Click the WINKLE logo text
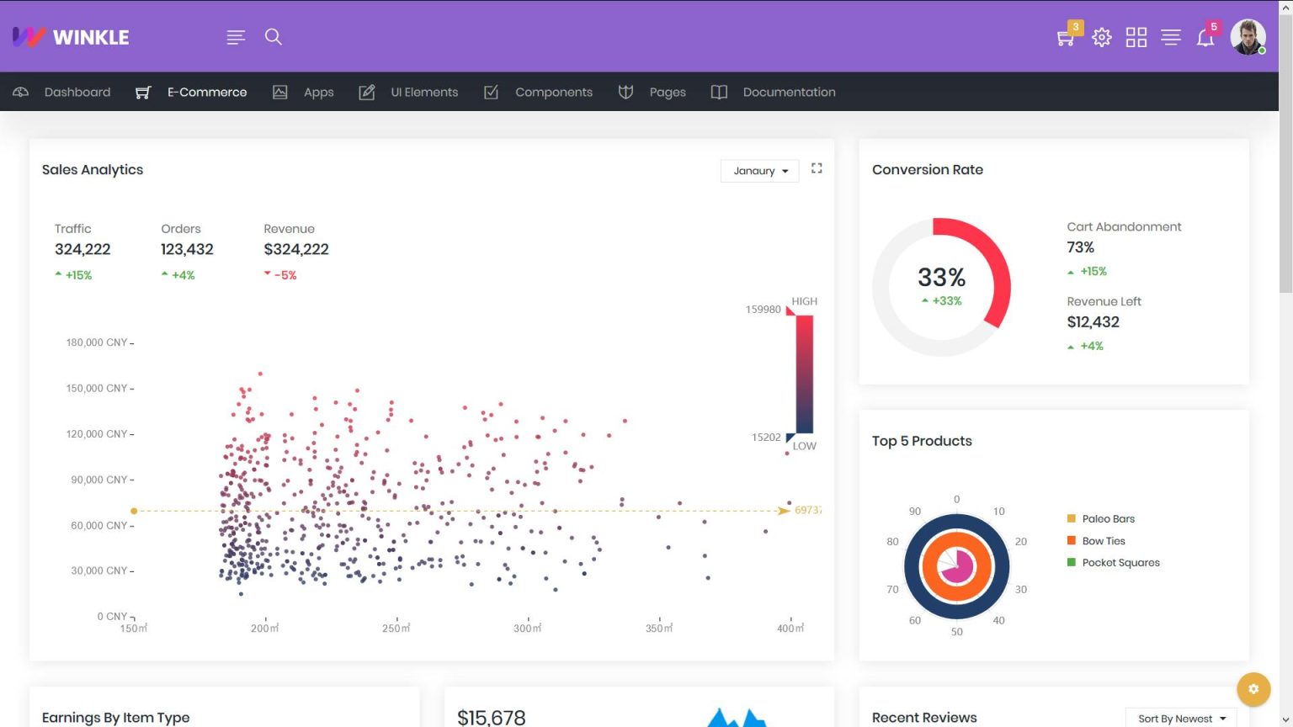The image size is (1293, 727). coord(90,37)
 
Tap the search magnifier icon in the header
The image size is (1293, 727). coord(273,36)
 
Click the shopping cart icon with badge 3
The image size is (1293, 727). coord(1065,38)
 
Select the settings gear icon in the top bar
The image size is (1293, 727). coord(1101,37)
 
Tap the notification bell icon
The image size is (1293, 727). coord(1205,38)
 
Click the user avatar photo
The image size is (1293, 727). coord(1248,37)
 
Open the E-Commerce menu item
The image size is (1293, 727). coord(206,92)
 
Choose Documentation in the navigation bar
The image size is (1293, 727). coord(789,92)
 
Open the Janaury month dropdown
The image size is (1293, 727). coord(760,171)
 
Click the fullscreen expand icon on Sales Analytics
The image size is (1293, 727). coord(817,168)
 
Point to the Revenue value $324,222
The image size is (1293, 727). coord(296,249)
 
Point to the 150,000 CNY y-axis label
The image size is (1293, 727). coord(97,388)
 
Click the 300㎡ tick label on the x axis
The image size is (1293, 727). coord(528,629)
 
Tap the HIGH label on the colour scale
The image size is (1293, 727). coord(804,301)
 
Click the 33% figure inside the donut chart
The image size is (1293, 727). coord(941,278)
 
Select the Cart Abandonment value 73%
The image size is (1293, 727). coord(1080,247)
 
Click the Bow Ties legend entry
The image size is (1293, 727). coord(1104,541)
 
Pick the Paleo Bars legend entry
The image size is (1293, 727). coord(1108,519)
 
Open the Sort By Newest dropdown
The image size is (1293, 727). coord(1181,719)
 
